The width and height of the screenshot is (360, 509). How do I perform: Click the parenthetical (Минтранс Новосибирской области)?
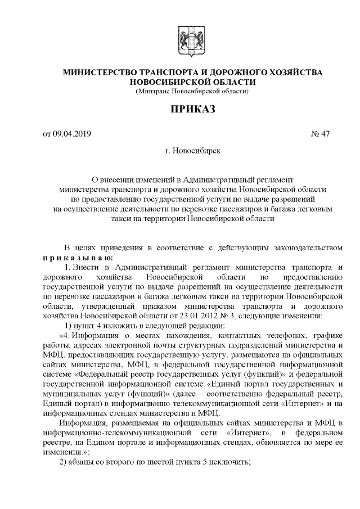[192, 91]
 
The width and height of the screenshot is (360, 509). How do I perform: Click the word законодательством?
[306, 246]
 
